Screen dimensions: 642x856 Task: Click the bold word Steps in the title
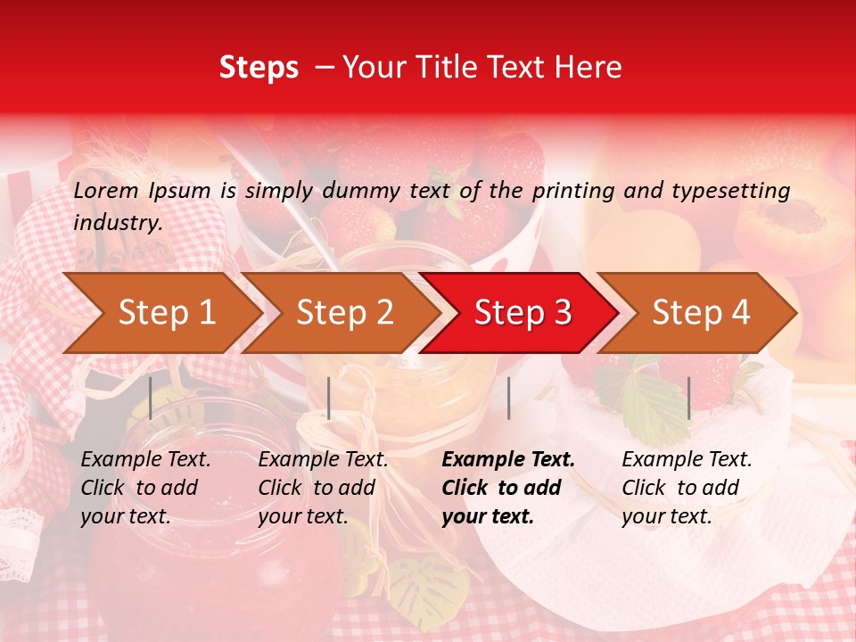259,68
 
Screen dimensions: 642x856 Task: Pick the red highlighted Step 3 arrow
523,313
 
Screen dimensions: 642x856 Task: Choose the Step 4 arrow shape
701,313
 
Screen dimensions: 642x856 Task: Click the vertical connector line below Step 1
151,398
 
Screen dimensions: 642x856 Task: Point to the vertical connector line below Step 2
329,398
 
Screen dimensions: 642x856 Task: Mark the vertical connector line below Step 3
508,398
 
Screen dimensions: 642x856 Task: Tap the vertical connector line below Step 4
688,398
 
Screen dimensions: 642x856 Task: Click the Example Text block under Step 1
145,488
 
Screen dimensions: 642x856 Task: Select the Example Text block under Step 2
323,488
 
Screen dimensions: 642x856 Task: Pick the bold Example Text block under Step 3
508,488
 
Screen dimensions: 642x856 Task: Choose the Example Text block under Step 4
687,488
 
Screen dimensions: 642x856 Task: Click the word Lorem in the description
106,190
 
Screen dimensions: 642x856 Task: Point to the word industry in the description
117,223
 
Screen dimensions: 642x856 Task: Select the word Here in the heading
591,68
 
